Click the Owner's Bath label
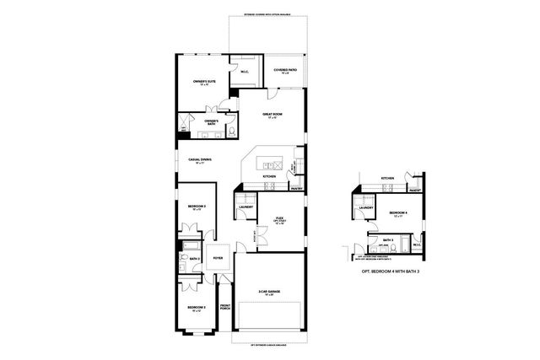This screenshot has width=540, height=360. (211, 121)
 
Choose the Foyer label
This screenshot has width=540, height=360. (218, 258)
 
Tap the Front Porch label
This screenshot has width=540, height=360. (224, 308)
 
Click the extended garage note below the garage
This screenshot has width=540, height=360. (269, 344)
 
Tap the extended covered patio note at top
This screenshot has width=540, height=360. (268, 14)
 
